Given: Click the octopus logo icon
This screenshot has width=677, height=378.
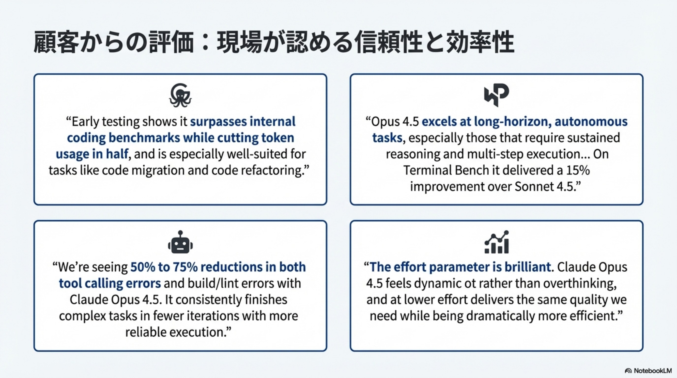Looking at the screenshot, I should (180, 95).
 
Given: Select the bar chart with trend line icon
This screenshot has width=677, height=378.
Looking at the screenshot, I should (496, 242).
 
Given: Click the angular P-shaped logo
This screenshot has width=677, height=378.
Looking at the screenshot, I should (496, 95).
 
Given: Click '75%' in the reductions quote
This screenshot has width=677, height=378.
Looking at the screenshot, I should (185, 267).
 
